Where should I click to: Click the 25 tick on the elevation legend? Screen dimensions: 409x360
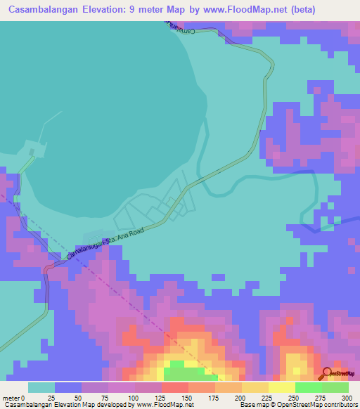(x=51, y=398)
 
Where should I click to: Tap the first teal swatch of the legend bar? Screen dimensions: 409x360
(x=41, y=387)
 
